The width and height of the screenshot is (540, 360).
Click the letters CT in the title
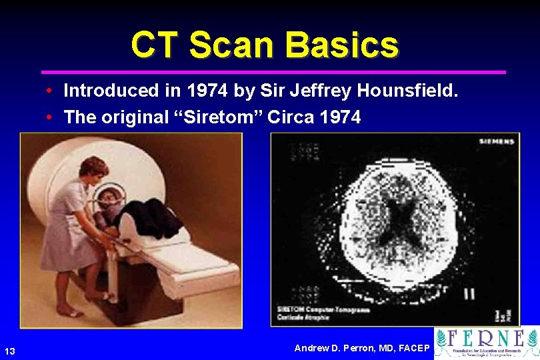coord(156,45)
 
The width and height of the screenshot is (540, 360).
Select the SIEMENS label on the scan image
coord(497,141)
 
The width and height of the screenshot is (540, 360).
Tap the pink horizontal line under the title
coord(273,71)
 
